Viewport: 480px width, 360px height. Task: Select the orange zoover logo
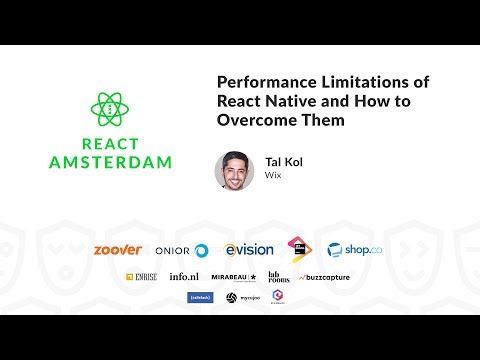tap(117, 249)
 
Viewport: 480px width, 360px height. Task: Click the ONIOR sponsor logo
tap(181, 250)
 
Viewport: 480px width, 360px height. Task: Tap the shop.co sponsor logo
tap(350, 250)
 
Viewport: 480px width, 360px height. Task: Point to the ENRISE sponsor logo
tap(143, 277)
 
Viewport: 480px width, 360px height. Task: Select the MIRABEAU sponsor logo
tap(234, 277)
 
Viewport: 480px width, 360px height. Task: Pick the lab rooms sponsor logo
tap(278, 277)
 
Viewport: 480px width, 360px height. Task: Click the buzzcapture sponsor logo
tap(326, 277)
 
